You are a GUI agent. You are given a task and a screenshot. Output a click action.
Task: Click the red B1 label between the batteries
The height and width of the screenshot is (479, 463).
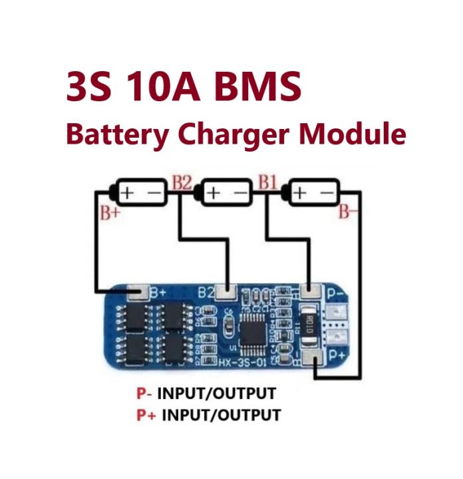[267, 182]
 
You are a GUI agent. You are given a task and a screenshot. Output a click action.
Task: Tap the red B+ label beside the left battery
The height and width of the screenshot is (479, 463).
[110, 213]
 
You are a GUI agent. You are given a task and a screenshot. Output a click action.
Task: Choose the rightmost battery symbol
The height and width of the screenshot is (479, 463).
[313, 192]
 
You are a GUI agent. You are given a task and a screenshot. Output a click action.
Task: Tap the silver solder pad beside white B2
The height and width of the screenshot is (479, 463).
[228, 291]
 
